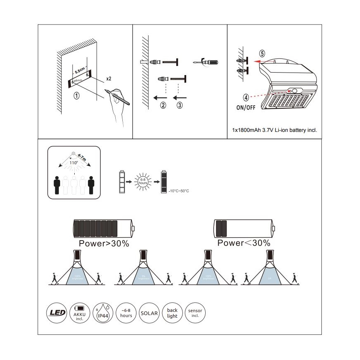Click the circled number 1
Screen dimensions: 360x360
[x=76, y=95]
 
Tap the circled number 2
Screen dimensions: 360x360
[x=163, y=105]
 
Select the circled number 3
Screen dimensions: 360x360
[x=180, y=105]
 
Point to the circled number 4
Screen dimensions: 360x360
[x=246, y=98]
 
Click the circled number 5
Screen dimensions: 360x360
[x=262, y=54]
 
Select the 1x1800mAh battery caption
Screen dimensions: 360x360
[x=275, y=130]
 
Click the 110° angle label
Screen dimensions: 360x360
[x=73, y=163]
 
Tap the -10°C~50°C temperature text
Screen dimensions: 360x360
[x=180, y=191]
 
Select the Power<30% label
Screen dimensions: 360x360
[x=244, y=243]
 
